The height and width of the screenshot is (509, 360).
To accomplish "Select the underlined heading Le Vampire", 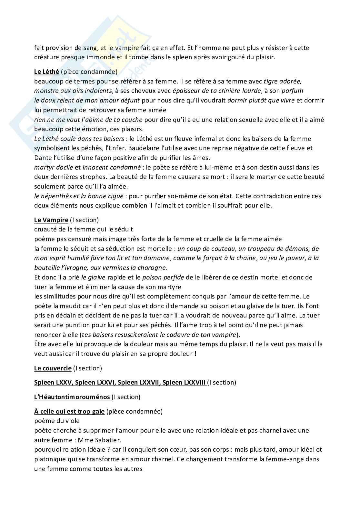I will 51,220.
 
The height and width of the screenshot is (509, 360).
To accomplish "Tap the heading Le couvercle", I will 53,368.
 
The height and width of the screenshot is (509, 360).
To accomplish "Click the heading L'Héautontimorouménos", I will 73,397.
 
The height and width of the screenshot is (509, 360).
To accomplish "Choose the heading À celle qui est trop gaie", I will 69,411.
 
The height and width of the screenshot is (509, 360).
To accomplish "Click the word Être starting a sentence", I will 40,344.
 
